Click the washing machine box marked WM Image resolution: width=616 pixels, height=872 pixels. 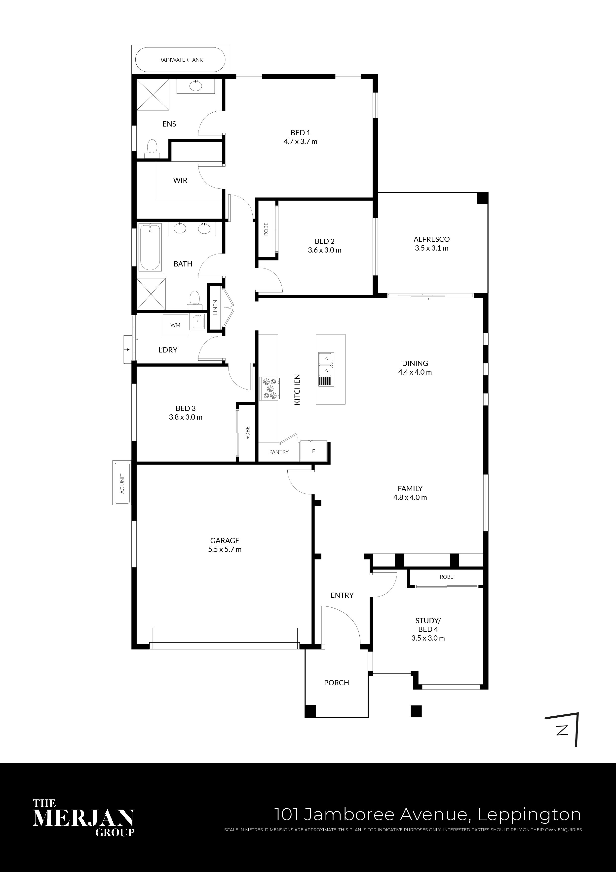175,325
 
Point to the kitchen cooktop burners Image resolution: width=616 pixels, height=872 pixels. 269,388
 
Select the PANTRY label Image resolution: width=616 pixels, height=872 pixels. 279,452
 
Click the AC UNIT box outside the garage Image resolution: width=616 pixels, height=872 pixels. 122,483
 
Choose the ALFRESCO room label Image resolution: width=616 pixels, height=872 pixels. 431,239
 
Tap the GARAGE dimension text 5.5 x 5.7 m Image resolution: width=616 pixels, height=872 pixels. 225,549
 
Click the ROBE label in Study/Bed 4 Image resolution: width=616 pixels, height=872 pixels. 447,576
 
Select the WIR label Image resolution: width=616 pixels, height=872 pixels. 180,180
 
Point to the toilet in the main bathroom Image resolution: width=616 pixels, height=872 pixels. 194,299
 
